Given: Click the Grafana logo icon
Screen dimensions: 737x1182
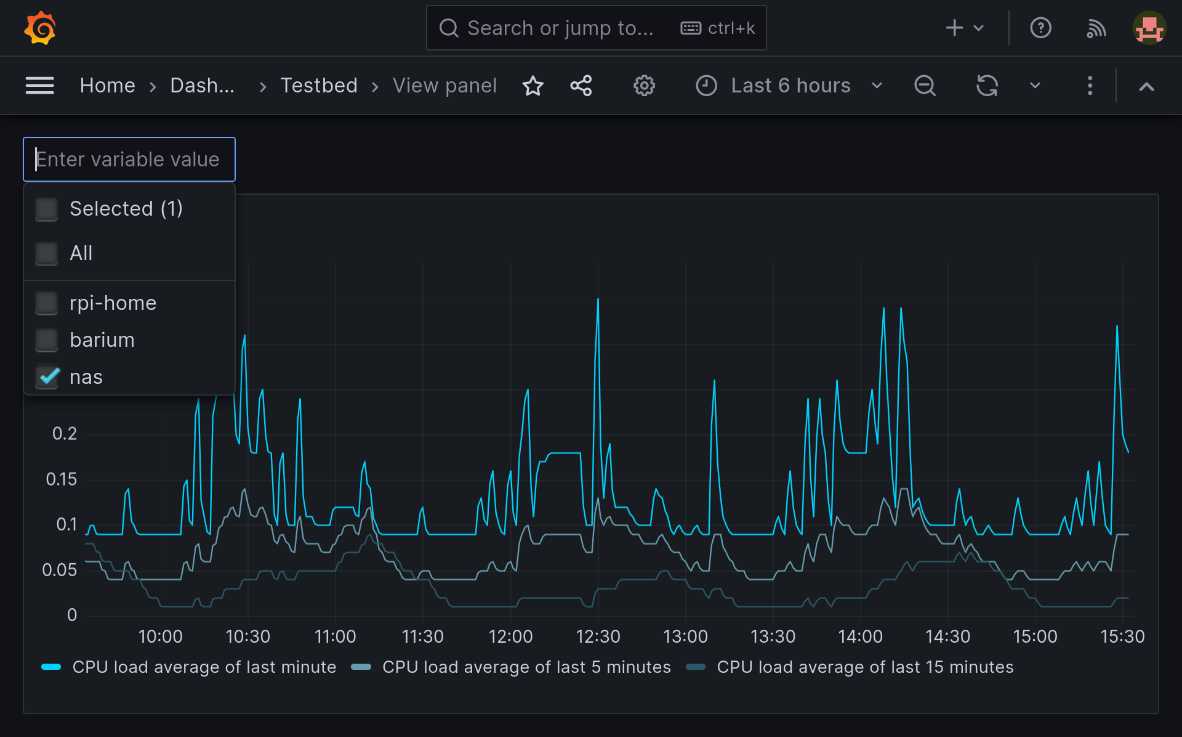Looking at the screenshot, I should (40, 28).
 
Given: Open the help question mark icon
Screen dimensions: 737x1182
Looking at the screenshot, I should (1040, 28).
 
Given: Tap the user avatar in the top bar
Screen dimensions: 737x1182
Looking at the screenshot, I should (1149, 28).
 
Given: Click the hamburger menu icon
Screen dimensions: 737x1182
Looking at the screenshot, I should (40, 86).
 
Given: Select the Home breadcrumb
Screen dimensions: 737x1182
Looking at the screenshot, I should (107, 86).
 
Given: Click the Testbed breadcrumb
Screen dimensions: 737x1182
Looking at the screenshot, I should (319, 86).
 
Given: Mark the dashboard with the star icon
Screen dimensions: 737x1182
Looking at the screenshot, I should (533, 86).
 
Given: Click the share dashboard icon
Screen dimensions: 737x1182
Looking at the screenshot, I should (581, 86).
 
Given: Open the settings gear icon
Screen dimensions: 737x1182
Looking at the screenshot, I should (644, 86).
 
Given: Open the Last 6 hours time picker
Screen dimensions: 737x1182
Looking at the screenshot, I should (790, 86).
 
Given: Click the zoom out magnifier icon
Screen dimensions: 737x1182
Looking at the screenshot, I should (925, 86).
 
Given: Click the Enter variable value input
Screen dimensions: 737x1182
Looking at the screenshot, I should (129, 160).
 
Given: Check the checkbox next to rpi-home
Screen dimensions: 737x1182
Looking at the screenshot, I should (47, 303).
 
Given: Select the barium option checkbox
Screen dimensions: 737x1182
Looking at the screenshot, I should (47, 340).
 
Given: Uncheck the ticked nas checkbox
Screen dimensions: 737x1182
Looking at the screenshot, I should (47, 377).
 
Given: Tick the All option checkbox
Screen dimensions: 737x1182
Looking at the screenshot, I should (47, 253).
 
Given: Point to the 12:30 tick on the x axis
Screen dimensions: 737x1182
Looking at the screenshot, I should (598, 636).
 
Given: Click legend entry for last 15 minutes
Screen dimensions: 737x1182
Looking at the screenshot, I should (864, 667).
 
